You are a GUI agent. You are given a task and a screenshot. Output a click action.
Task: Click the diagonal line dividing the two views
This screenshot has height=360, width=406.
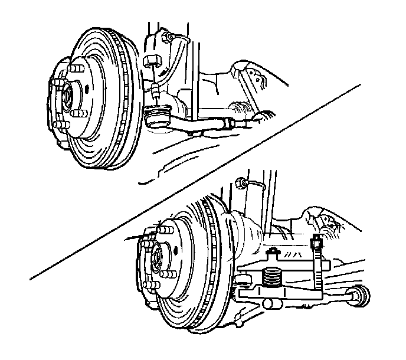195,181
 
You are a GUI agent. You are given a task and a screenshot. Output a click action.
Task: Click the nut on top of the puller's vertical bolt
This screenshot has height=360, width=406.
317,240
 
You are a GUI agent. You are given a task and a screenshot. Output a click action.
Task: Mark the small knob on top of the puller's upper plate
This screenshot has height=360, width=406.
272,252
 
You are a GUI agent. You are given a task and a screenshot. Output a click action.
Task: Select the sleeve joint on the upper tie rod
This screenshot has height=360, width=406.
227,122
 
